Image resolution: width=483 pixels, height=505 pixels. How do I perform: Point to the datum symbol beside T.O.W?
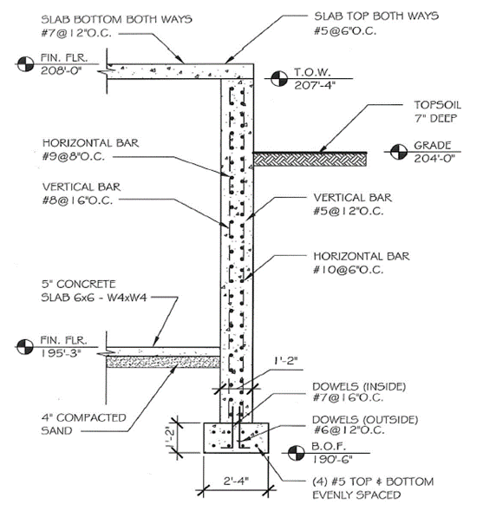point(277,81)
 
